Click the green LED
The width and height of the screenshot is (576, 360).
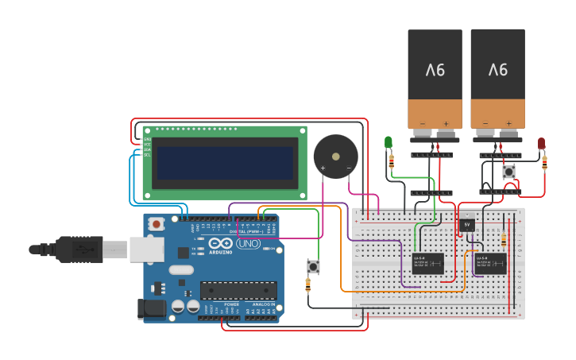(x=389, y=142)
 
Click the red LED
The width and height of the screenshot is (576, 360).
(x=541, y=143)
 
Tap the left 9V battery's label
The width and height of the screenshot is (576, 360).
(x=435, y=70)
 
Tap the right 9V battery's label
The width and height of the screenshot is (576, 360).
(x=497, y=70)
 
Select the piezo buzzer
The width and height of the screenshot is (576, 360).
(x=335, y=157)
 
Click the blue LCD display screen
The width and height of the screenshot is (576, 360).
(x=223, y=162)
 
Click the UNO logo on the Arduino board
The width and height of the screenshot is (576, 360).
(x=247, y=243)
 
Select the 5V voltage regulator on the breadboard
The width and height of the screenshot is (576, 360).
(x=468, y=225)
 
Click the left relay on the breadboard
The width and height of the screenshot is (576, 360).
(x=427, y=263)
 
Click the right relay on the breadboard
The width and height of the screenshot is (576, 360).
(x=491, y=263)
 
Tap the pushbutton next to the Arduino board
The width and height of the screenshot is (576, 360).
(x=313, y=267)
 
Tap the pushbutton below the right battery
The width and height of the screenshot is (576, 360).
(x=508, y=172)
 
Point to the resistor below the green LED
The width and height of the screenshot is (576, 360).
(x=392, y=161)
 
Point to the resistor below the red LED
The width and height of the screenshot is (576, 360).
(x=544, y=163)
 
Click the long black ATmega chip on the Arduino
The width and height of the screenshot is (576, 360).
(x=238, y=292)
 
